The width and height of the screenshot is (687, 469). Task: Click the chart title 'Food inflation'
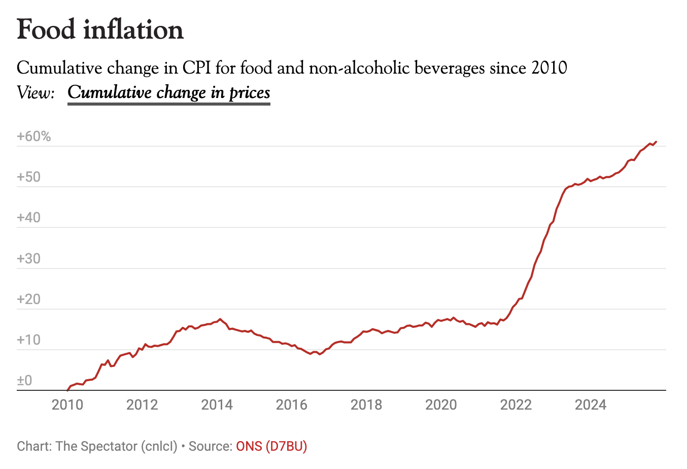[x=100, y=30]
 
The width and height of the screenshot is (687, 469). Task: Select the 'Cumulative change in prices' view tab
[x=169, y=93]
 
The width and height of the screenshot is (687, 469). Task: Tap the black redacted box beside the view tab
[x=336, y=95]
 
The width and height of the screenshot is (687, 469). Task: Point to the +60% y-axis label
[x=34, y=137]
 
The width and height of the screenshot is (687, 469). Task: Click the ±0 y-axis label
[x=25, y=380]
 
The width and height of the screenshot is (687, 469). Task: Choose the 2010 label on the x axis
[x=67, y=405]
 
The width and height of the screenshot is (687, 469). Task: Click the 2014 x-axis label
[x=217, y=405]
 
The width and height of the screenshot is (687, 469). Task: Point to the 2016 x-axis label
[x=292, y=405]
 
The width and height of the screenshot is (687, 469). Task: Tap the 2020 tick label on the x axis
[x=441, y=405]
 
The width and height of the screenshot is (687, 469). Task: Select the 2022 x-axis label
[x=516, y=405]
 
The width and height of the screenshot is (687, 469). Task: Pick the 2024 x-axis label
[x=591, y=405]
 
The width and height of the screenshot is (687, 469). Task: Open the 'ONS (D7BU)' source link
[x=271, y=446]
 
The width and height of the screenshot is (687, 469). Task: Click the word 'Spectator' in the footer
[x=109, y=446]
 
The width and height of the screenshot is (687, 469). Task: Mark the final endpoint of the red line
[x=656, y=142]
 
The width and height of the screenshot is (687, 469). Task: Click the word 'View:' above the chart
[x=36, y=93]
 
